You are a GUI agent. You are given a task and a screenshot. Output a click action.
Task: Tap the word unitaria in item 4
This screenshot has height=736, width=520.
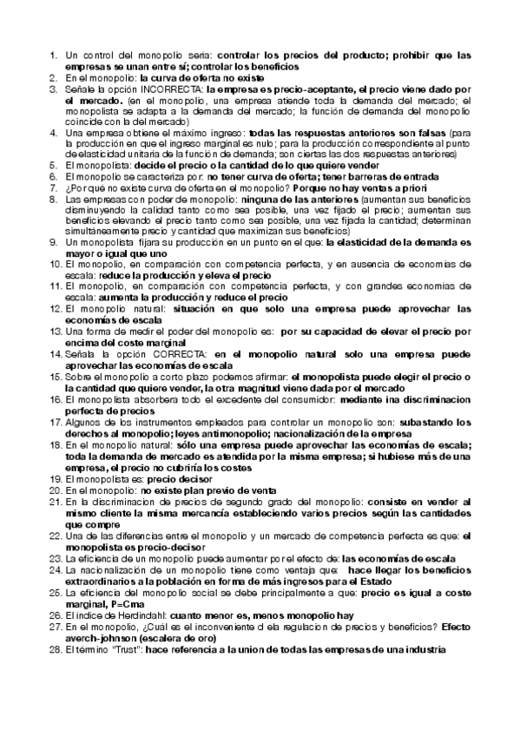(133, 153)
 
